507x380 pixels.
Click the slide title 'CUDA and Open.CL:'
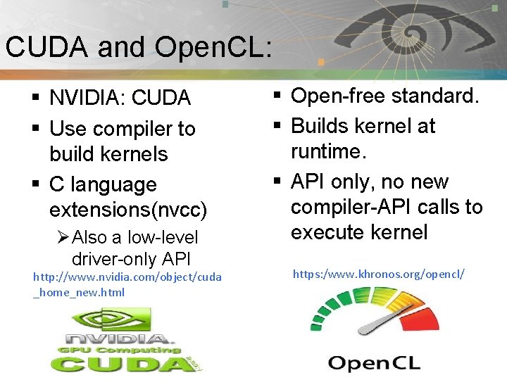[138, 46]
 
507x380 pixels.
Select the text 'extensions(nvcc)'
[128, 210]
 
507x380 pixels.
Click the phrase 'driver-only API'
[131, 258]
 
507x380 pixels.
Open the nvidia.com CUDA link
[127, 284]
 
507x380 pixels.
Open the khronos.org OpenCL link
[378, 272]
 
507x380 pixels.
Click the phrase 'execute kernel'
[359, 232]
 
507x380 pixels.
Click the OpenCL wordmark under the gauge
[374, 363]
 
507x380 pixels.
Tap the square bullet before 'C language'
[35, 185]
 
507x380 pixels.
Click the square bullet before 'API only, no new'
[277, 182]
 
